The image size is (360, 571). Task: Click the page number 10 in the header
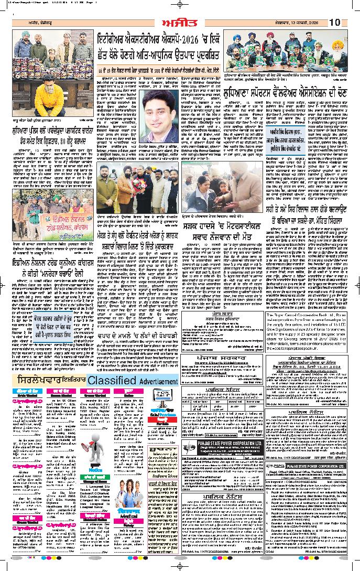point(335,22)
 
